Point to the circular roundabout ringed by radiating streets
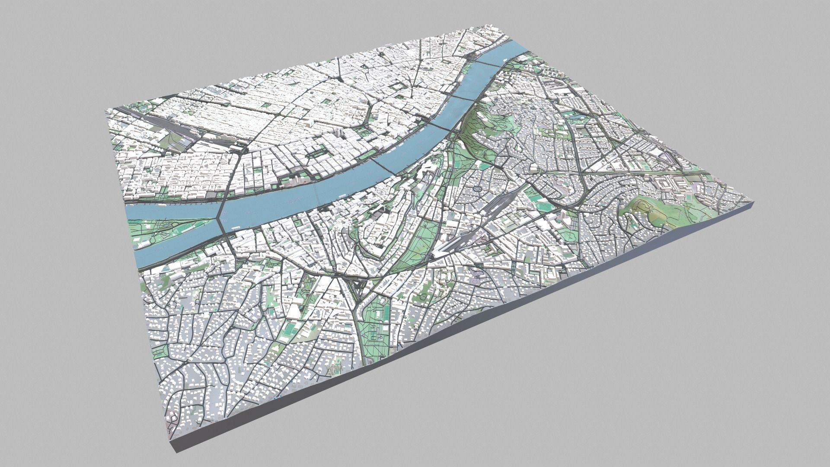[x=477, y=189]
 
